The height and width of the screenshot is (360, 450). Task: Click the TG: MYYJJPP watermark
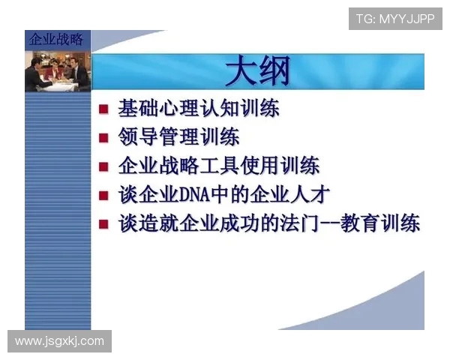pyautogui.click(x=394, y=19)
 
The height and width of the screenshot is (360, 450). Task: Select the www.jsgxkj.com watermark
pyautogui.click(x=59, y=341)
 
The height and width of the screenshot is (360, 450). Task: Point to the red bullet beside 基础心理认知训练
pyautogui.click(x=104, y=109)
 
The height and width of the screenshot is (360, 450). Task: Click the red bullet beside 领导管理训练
pyautogui.click(x=104, y=138)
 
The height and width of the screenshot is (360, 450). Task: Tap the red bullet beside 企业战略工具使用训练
pyautogui.click(x=104, y=166)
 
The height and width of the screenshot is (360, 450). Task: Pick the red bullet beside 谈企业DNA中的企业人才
pyautogui.click(x=104, y=195)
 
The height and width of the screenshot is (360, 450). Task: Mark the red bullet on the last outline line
pyautogui.click(x=104, y=224)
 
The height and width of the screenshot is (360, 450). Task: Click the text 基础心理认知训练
pyautogui.click(x=199, y=109)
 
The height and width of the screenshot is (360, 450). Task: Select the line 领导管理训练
pyautogui.click(x=178, y=137)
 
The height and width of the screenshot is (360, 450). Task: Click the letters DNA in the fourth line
pyautogui.click(x=197, y=195)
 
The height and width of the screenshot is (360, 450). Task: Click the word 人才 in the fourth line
pyautogui.click(x=310, y=194)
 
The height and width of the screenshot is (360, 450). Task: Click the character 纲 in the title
pyautogui.click(x=275, y=73)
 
